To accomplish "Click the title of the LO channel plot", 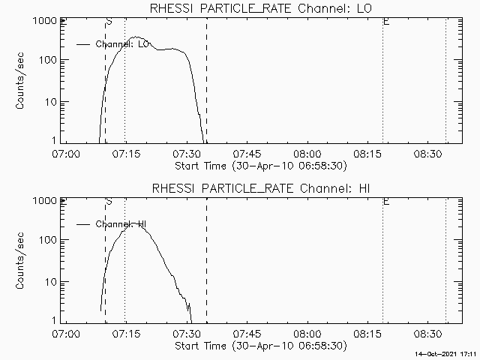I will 259,8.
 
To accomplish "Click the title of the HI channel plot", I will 259,188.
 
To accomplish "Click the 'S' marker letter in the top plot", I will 109,22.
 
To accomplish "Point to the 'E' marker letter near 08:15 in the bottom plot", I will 386,202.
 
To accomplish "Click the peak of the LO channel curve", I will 136,37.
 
